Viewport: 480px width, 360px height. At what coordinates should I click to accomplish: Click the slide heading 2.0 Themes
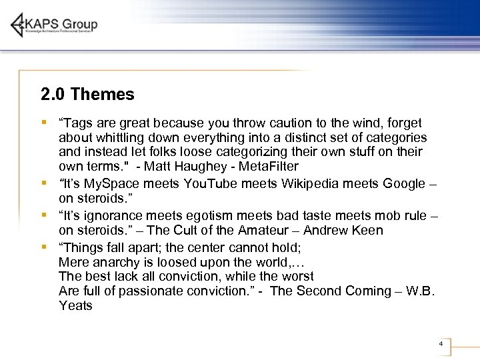(87, 95)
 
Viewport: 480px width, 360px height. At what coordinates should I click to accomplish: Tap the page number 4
(441, 343)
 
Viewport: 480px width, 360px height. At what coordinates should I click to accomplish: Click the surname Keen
(369, 231)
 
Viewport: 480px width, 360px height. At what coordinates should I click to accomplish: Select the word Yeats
(75, 306)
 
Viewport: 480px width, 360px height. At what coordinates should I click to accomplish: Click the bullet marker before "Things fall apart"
(43, 246)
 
